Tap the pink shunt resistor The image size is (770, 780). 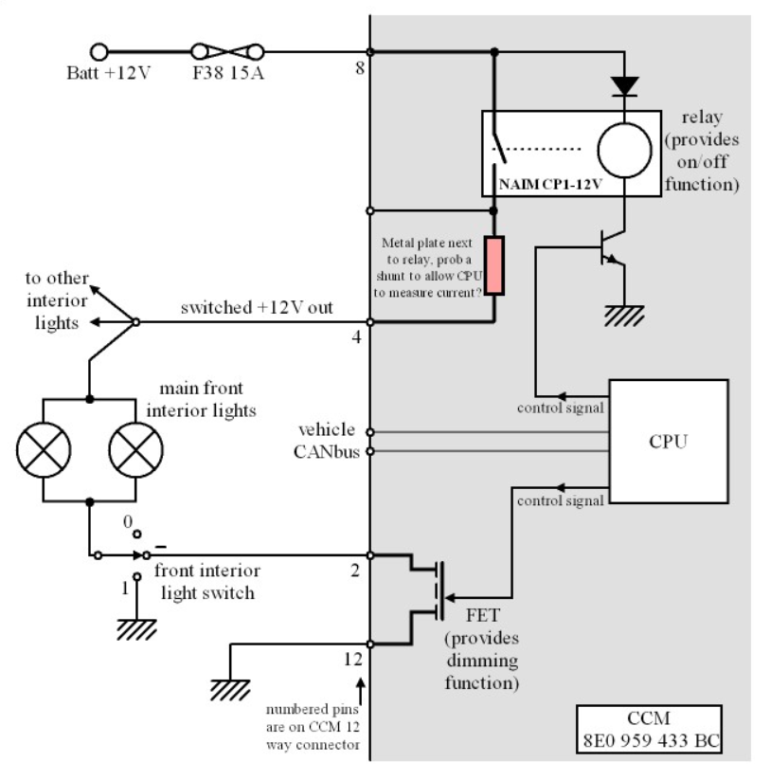tap(494, 265)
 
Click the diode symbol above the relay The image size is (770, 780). tap(624, 86)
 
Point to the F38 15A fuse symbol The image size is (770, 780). tap(227, 52)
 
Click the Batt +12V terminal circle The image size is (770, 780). tap(98, 52)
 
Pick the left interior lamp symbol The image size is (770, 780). tap(44, 450)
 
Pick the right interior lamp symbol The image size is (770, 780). tap(135, 450)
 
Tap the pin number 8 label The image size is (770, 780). tap(360, 68)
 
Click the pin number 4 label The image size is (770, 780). tap(356, 337)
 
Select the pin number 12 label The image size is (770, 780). tap(353, 659)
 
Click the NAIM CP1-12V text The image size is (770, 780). tap(550, 185)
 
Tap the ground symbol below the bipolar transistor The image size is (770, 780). tap(624, 316)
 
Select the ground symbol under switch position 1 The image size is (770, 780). tap(136, 629)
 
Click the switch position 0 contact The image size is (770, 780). tap(136, 535)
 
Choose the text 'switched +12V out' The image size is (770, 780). tap(257, 307)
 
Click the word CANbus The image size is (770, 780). tap(326, 452)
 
